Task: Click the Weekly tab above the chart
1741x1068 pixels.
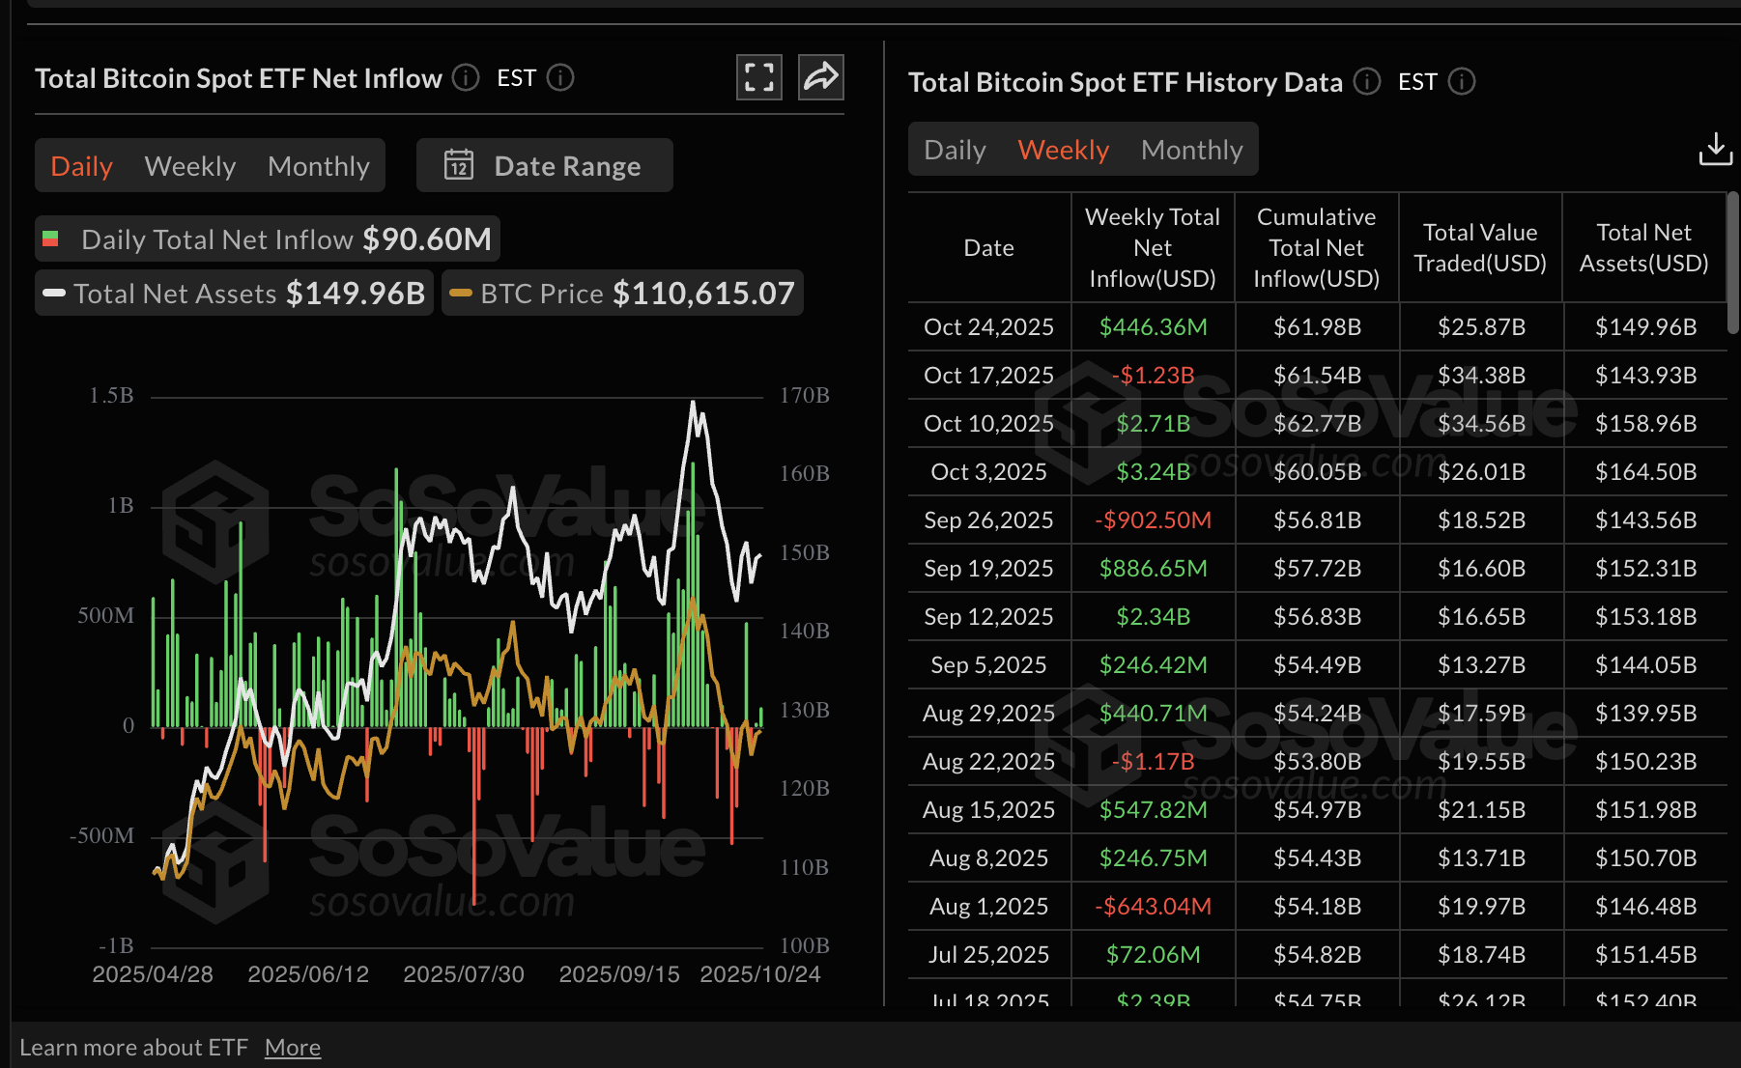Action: (189, 166)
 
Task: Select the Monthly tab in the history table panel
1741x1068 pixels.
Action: (1191, 150)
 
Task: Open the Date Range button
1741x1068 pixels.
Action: (545, 166)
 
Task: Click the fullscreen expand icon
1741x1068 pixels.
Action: (759, 77)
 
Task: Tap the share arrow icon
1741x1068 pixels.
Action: (821, 77)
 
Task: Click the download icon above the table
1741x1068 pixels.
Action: (1715, 149)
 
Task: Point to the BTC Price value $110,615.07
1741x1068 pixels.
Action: (703, 293)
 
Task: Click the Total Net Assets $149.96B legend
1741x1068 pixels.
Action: (235, 293)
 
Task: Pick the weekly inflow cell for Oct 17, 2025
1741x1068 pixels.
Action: (1153, 375)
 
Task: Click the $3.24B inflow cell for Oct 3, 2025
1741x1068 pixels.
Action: (1153, 471)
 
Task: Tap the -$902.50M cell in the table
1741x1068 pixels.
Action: (1153, 520)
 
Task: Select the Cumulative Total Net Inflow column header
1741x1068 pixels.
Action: (1316, 247)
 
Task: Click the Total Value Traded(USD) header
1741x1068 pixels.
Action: (1480, 247)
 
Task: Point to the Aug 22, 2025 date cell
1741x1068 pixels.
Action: (988, 761)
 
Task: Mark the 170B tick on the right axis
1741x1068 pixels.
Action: (804, 395)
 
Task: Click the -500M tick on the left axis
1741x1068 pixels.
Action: (102, 835)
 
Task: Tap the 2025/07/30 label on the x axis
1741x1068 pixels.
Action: (464, 973)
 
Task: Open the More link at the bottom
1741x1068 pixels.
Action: (292, 1047)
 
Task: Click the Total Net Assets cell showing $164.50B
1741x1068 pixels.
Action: (1645, 471)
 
